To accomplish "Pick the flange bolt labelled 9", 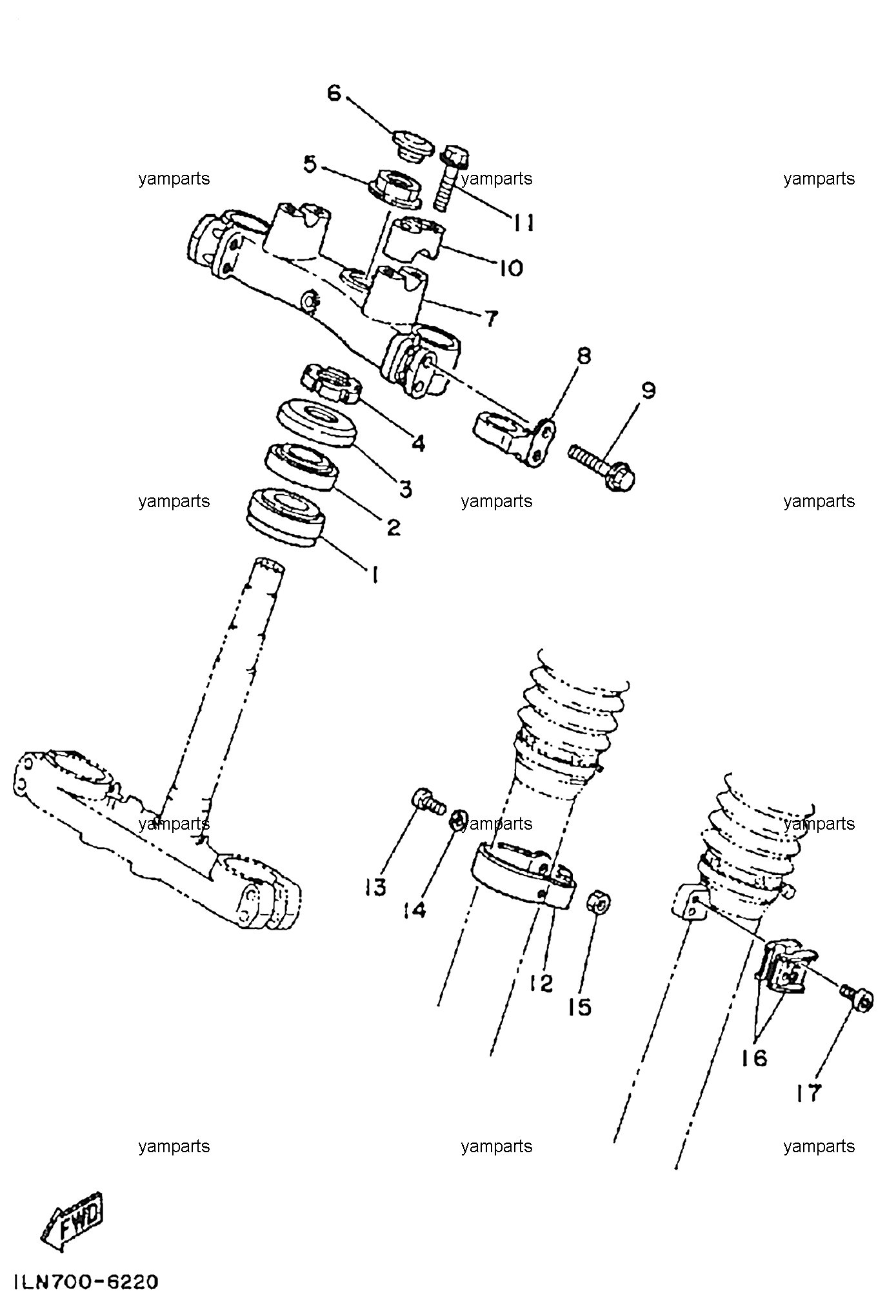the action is pyautogui.click(x=601, y=468).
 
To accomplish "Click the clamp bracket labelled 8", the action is pyautogui.click(x=517, y=439).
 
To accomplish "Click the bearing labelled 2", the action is pyautogui.click(x=302, y=467).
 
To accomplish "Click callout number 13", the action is pyautogui.click(x=375, y=887).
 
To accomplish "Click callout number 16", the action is pyautogui.click(x=754, y=1057).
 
